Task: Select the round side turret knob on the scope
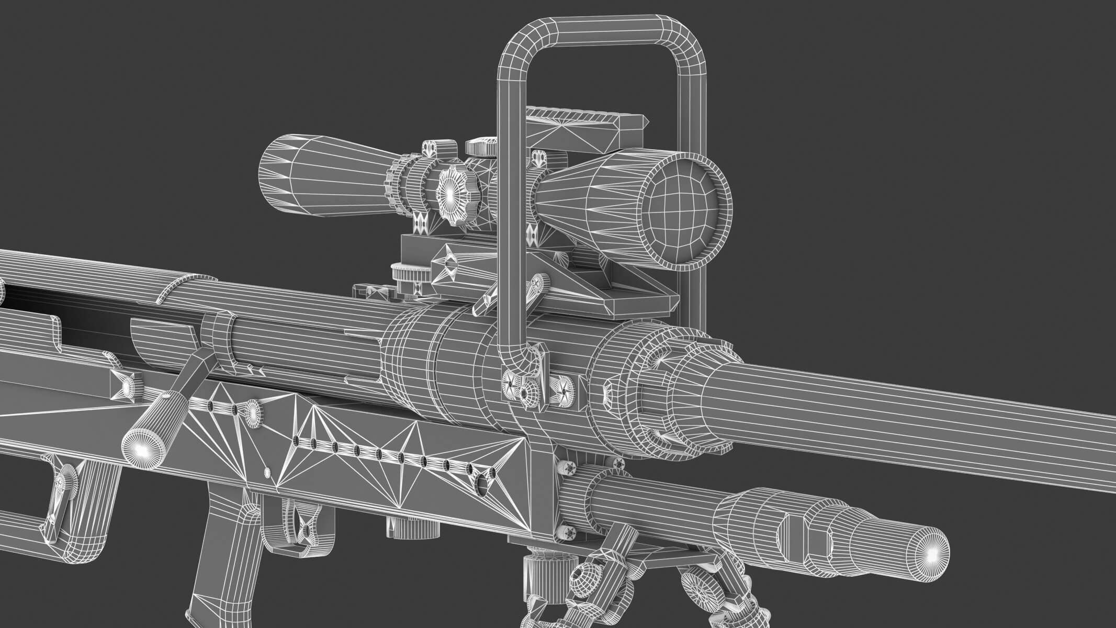449,193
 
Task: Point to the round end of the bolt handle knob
143,447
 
